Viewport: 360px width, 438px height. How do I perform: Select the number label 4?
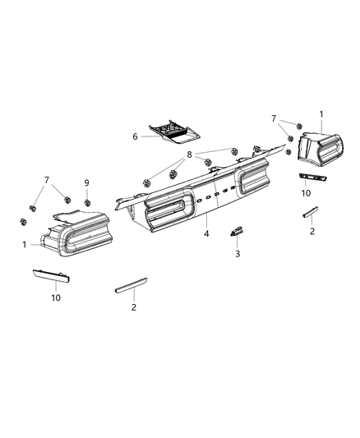pos(206,234)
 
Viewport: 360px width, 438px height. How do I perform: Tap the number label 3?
pos(238,254)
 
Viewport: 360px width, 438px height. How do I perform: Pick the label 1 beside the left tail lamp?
pos(25,244)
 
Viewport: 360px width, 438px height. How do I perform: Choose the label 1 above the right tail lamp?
pos(321,113)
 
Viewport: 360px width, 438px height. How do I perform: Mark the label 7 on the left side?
pos(47,179)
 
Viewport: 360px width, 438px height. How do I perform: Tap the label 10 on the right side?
pos(306,193)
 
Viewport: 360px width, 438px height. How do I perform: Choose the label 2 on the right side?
pos(312,232)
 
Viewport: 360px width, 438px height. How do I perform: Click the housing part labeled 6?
pos(173,131)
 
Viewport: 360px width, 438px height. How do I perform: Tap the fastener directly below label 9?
pos(87,202)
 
